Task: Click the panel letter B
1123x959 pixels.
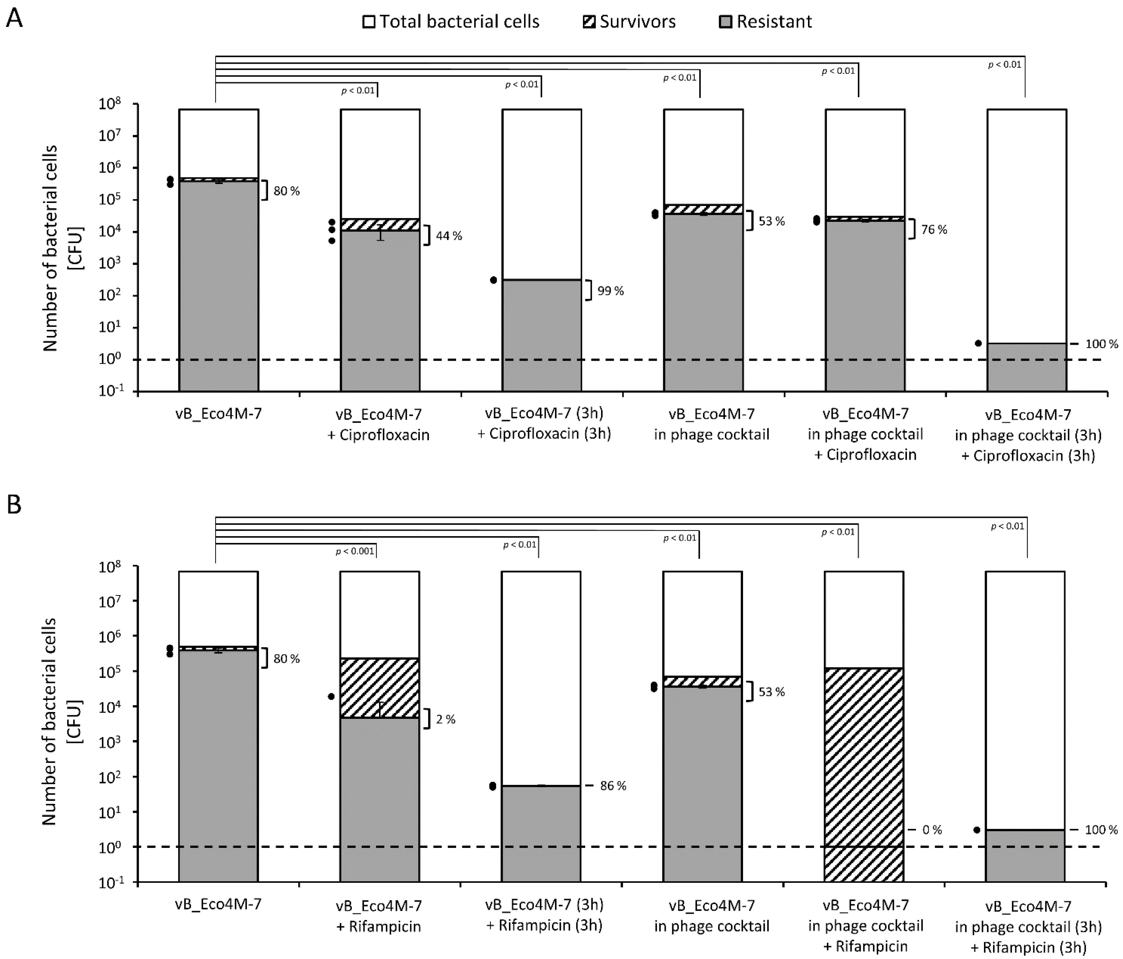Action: coord(14,504)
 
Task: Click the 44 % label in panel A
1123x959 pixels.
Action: coord(449,236)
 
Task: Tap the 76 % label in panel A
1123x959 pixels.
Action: coord(934,230)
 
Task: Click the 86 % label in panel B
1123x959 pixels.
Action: coord(613,786)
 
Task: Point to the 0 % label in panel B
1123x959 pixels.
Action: coord(932,830)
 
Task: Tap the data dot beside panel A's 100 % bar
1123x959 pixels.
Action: coord(978,343)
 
